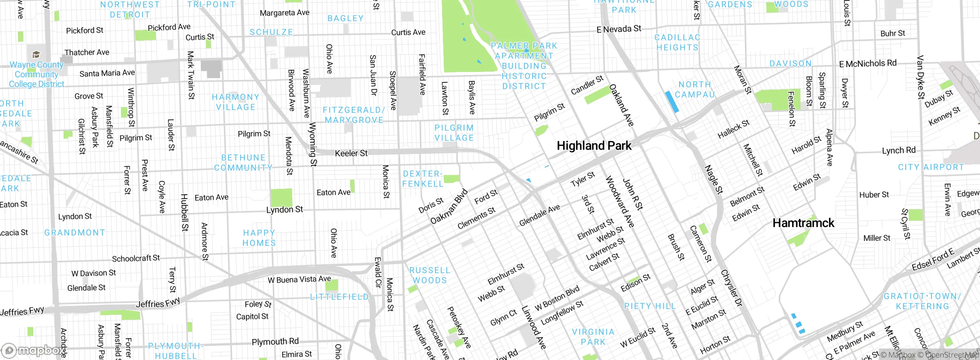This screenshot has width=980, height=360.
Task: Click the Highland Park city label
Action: click(594, 146)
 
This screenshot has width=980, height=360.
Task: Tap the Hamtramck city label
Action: click(803, 223)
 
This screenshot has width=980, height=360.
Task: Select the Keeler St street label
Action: click(351, 153)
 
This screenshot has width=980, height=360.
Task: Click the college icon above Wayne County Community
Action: click(36, 54)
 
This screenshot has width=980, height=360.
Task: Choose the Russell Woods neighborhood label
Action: click(430, 275)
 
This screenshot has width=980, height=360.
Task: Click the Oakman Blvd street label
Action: click(449, 206)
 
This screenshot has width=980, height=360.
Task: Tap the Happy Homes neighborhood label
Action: click(259, 238)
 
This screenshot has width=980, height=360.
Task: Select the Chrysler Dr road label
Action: click(732, 288)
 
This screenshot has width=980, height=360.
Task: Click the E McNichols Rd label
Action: click(867, 64)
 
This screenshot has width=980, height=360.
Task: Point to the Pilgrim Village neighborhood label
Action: click(454, 133)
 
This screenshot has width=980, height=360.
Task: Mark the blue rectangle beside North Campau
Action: click(672, 102)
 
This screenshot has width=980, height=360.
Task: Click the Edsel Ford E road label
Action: click(933, 260)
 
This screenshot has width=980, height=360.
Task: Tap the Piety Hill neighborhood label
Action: click(650, 306)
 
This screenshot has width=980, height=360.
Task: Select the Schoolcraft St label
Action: click(136, 259)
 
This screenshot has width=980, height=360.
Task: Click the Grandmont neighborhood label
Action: click(75, 232)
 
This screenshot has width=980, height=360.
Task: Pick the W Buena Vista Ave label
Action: click(299, 280)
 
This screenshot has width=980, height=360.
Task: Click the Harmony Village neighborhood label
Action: click(235, 102)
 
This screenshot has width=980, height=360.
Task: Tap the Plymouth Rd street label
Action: click(275, 342)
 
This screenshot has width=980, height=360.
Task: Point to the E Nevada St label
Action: click(619, 29)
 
